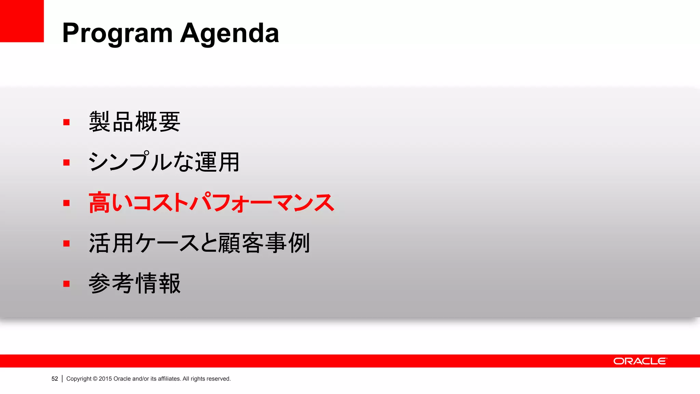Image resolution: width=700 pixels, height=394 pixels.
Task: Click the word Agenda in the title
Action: click(x=229, y=34)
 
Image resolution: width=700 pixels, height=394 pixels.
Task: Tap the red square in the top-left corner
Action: click(x=22, y=21)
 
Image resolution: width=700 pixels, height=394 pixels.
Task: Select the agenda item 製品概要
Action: click(x=134, y=122)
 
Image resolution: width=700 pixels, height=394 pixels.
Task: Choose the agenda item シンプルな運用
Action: click(x=164, y=162)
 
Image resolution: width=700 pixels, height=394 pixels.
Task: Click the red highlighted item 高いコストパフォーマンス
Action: click(x=211, y=202)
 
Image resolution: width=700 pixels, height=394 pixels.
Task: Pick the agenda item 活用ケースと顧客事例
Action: click(x=199, y=243)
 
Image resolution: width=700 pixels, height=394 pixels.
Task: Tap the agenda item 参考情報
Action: click(x=134, y=283)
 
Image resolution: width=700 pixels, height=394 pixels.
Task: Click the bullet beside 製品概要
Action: click(x=66, y=122)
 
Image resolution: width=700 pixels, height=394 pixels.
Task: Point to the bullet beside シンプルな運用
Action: click(x=66, y=162)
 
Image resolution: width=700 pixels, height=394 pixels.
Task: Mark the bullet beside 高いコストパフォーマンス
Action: click(x=66, y=203)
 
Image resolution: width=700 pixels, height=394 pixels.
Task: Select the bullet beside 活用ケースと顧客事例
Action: click(x=66, y=243)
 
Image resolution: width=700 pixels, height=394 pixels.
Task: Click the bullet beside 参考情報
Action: click(x=66, y=284)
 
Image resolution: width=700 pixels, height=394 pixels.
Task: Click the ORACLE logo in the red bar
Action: click(x=640, y=361)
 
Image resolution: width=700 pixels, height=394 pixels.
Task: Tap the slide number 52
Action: click(x=55, y=379)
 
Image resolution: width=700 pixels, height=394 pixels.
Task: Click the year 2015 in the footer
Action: click(x=105, y=379)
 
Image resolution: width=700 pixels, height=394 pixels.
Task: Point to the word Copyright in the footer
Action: click(x=79, y=379)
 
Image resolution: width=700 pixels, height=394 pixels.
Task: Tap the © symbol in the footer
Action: click(x=95, y=379)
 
